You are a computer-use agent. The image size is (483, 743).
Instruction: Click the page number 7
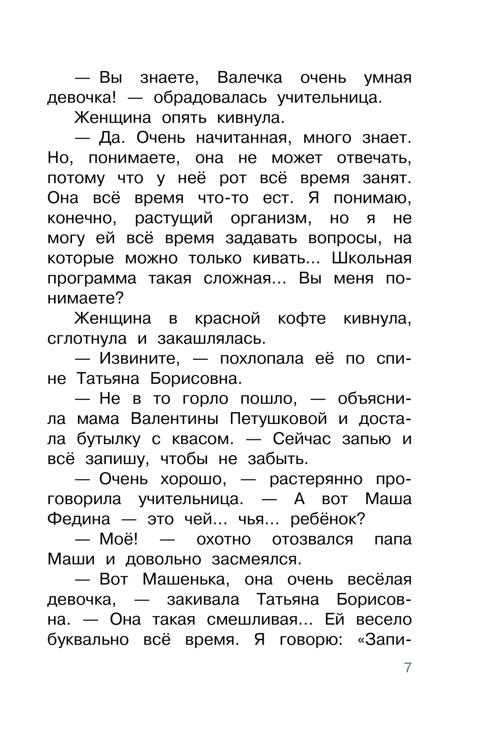click(x=408, y=668)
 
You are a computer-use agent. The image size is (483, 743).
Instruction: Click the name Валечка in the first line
click(x=250, y=78)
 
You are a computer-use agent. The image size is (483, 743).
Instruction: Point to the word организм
click(x=270, y=218)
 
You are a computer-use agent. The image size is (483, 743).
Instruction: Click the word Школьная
click(x=372, y=258)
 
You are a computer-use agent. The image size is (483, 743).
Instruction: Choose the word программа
click(x=92, y=279)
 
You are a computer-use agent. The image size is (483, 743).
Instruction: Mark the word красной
click(x=227, y=319)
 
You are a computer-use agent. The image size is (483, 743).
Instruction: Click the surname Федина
click(x=79, y=519)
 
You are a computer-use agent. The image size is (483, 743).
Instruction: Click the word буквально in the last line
click(x=88, y=640)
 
